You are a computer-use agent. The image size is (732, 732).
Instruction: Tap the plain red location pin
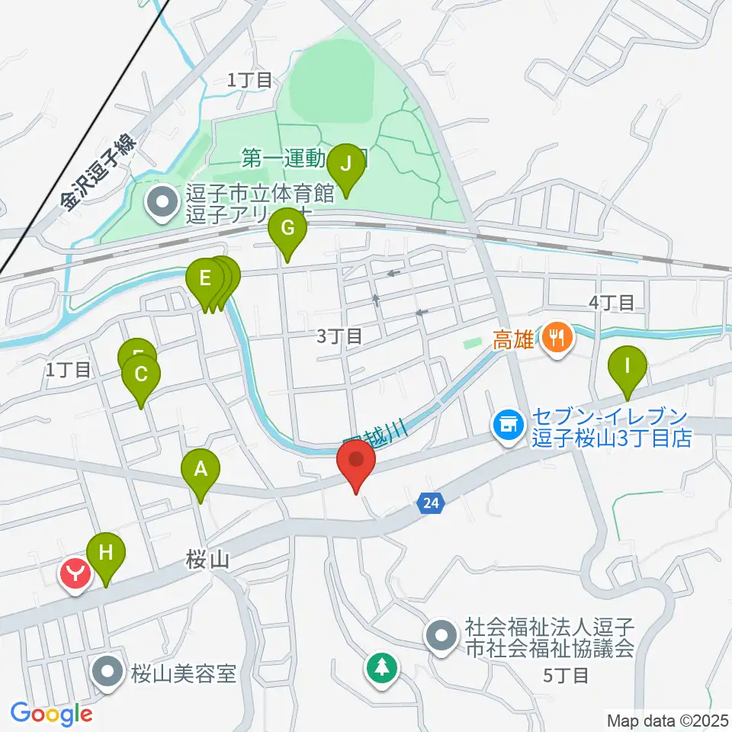pyautogui.click(x=356, y=463)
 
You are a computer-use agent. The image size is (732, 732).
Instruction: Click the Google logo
pyautogui.click(x=51, y=714)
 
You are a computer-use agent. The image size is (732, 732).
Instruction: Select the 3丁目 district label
pyautogui.click(x=339, y=335)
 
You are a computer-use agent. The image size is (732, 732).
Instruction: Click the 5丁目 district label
pyautogui.click(x=566, y=675)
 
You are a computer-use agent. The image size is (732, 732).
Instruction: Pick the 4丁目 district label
pyautogui.click(x=612, y=303)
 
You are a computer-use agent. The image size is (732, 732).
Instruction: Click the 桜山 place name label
pyautogui.click(x=207, y=561)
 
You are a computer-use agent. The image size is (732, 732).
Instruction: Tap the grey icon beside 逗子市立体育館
pyautogui.click(x=162, y=203)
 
